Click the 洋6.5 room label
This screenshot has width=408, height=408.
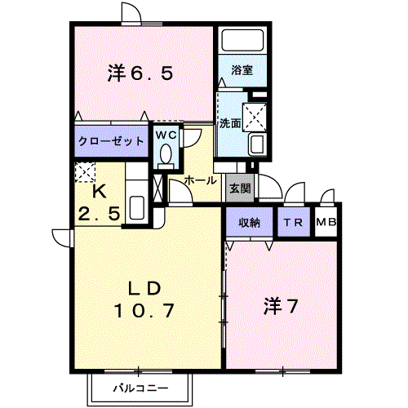point(140,73)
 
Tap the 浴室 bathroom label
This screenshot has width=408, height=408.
point(242,70)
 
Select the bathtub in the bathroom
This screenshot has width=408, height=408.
point(242,40)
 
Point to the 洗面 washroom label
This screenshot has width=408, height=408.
point(230,123)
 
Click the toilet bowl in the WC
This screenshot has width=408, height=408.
point(166,153)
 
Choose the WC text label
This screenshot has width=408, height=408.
point(166,135)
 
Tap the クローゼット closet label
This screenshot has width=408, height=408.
point(111,141)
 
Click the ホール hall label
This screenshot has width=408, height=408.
point(200,180)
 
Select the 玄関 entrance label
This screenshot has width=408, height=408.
point(240,188)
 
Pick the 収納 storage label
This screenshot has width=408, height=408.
point(250,223)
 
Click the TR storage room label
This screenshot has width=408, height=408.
point(293,223)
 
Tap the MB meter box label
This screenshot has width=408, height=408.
point(326,223)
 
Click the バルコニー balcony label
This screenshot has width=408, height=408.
point(140,388)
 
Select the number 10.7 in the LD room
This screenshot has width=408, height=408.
point(144,310)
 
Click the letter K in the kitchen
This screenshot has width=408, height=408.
point(100,192)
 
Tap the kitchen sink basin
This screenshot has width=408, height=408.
point(137,207)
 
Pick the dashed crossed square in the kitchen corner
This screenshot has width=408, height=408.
point(85,172)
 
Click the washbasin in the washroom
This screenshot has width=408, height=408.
point(256,144)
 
